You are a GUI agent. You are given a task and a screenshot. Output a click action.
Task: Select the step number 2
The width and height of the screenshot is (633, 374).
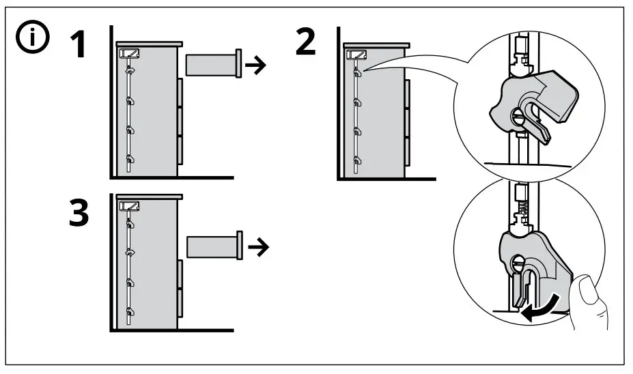click(305, 42)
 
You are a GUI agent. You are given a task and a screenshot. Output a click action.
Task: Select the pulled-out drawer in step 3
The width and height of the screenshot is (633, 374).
click(213, 246)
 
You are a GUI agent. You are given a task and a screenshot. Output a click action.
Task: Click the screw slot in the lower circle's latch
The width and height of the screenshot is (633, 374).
click(518, 260)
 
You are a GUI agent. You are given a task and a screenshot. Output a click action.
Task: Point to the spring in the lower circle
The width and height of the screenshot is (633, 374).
click(520, 203)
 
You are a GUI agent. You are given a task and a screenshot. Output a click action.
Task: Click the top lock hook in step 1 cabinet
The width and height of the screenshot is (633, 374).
click(130, 70)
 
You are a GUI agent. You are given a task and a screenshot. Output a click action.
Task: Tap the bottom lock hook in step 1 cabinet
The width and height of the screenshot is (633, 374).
click(130, 160)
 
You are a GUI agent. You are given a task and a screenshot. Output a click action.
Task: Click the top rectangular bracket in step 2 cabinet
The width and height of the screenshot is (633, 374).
click(356, 54)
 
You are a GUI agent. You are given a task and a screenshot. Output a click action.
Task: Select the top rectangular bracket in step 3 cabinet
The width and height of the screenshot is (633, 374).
click(129, 205)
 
